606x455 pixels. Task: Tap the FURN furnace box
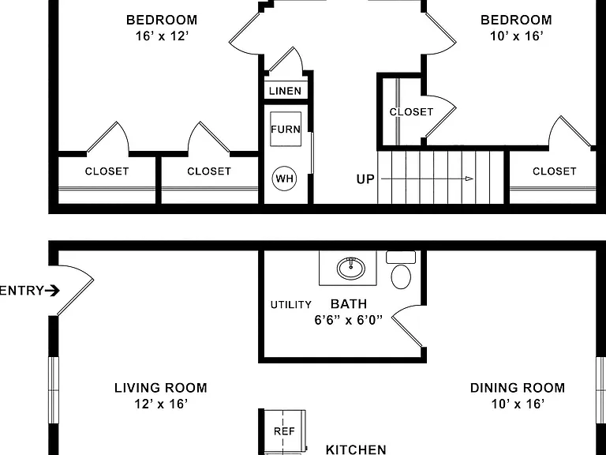pyautogui.click(x=286, y=130)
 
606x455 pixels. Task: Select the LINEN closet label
pyautogui.click(x=285, y=91)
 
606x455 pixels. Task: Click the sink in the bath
pyautogui.click(x=351, y=268)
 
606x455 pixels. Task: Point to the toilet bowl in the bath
pyautogui.click(x=401, y=276)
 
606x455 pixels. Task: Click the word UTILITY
pyautogui.click(x=291, y=305)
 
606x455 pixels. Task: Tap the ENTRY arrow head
pyautogui.click(x=54, y=291)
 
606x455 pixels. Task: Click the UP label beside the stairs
pyautogui.click(x=365, y=179)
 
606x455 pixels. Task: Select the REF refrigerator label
pyautogui.click(x=284, y=431)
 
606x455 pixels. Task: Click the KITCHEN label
pyautogui.click(x=356, y=449)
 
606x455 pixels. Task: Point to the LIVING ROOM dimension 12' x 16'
pyautogui.click(x=161, y=404)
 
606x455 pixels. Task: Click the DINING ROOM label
pyautogui.click(x=518, y=388)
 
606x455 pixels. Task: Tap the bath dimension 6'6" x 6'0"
pyautogui.click(x=348, y=320)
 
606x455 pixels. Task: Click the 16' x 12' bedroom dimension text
pyautogui.click(x=162, y=36)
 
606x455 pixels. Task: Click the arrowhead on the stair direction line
pyautogui.click(x=469, y=179)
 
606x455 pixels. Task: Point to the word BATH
pyautogui.click(x=349, y=304)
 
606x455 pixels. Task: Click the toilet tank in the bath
pyautogui.click(x=401, y=258)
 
